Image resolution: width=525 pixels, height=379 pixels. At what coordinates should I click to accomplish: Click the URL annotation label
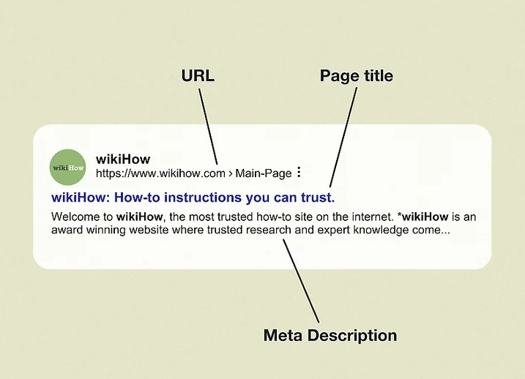[198, 75]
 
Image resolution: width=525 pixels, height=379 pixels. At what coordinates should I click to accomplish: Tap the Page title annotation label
[357, 76]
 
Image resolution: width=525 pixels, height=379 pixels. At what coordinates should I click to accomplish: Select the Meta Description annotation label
[330, 335]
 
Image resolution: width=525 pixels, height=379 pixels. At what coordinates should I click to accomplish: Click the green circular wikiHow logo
[67, 168]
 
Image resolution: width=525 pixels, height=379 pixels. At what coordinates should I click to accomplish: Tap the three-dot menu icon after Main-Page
[299, 172]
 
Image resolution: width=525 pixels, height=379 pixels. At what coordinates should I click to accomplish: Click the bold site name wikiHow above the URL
[123, 160]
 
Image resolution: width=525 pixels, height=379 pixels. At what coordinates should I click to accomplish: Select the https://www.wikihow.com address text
[160, 173]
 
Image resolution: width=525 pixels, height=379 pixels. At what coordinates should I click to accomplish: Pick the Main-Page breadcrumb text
[264, 173]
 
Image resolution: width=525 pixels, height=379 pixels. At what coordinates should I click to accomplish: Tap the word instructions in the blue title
[203, 198]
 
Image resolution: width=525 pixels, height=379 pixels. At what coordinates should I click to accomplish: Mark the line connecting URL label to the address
[208, 126]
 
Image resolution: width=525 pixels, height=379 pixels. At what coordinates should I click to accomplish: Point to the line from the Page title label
[343, 138]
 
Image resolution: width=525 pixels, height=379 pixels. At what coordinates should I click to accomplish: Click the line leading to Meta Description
[301, 281]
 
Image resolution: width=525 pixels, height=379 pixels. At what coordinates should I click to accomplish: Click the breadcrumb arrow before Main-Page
[231, 173]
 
